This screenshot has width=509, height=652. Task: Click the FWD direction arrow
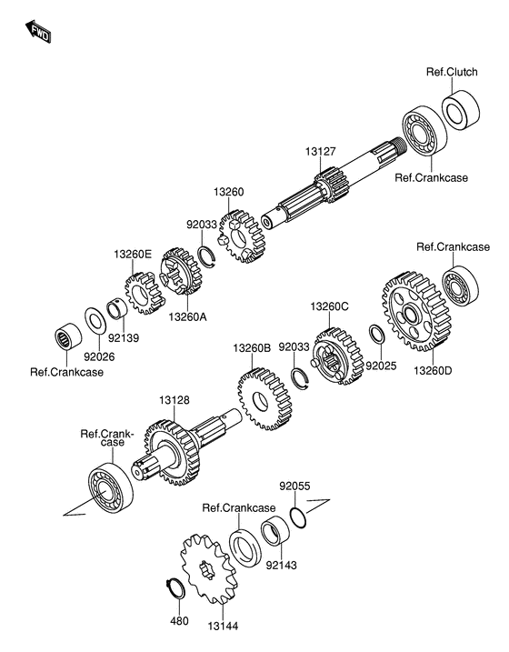[x=38, y=32]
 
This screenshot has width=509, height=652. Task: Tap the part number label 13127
[x=320, y=151]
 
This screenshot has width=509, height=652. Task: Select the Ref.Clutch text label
[x=452, y=72]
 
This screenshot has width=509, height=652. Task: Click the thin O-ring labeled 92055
[x=298, y=518]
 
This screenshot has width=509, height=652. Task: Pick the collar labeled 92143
[x=275, y=531]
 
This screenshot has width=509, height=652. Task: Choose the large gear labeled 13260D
[x=416, y=311]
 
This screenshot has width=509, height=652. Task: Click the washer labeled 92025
[x=377, y=334]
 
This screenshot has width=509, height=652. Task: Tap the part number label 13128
[x=175, y=400]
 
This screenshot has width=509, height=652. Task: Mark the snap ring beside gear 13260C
[x=300, y=378]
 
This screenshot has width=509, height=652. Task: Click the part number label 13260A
[x=187, y=316]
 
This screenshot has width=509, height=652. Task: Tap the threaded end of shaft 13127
[x=397, y=145]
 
